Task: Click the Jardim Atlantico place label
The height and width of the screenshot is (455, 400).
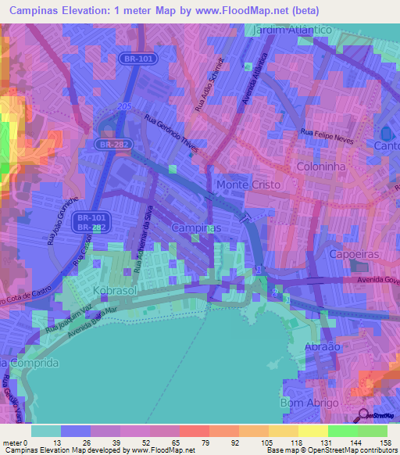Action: click(294, 29)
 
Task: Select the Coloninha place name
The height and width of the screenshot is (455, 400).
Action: click(322, 167)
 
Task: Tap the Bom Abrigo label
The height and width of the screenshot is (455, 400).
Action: click(309, 403)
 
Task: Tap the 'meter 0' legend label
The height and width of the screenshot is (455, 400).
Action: click(15, 442)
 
